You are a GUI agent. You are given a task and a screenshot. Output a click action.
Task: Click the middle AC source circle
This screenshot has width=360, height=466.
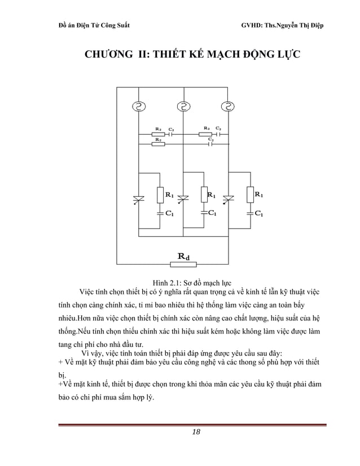point(183,106)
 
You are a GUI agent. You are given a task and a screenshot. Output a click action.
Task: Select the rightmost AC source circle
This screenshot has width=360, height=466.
point(228,106)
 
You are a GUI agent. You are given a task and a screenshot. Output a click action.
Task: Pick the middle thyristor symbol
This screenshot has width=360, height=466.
point(183,198)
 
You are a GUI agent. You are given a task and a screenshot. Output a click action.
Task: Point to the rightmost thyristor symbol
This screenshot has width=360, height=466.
point(228,198)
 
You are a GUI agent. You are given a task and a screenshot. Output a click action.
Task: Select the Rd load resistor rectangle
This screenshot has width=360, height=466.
point(183,263)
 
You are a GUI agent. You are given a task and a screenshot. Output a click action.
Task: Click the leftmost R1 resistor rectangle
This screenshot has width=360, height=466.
point(159,195)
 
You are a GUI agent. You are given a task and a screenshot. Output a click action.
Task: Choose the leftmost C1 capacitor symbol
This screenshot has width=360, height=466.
point(159,213)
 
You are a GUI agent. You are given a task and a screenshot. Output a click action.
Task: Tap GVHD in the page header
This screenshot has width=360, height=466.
point(252,27)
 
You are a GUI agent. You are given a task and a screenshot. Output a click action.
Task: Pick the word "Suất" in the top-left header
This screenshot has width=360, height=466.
point(121,27)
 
